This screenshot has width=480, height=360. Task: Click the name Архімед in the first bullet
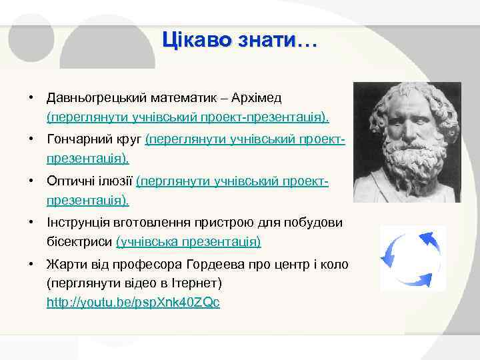258,98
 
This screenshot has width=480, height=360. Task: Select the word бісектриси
79,241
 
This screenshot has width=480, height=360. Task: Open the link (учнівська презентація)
189,241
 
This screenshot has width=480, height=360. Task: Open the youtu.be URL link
133,303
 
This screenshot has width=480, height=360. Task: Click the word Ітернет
197,283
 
